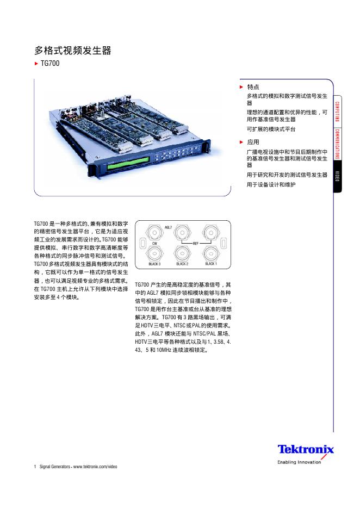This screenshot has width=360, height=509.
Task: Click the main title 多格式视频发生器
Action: [x=73, y=51]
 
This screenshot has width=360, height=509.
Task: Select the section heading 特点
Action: [x=253, y=87]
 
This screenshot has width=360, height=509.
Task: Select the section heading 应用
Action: [x=253, y=142]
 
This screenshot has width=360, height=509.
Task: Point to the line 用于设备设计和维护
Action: [x=271, y=185]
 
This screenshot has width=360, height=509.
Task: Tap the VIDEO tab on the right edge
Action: [x=337, y=178]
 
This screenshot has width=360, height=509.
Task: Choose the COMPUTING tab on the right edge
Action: [x=337, y=111]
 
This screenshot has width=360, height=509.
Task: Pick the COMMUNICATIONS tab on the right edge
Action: [x=337, y=145]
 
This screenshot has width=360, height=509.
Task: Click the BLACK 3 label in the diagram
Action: [x=154, y=264]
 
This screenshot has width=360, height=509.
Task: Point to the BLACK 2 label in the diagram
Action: [x=182, y=264]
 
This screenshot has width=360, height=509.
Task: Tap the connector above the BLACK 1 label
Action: [x=210, y=253]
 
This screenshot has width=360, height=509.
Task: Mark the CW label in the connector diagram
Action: [x=154, y=243]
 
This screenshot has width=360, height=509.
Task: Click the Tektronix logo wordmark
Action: [x=306, y=450]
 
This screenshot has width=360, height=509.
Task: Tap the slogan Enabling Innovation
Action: [x=299, y=462]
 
